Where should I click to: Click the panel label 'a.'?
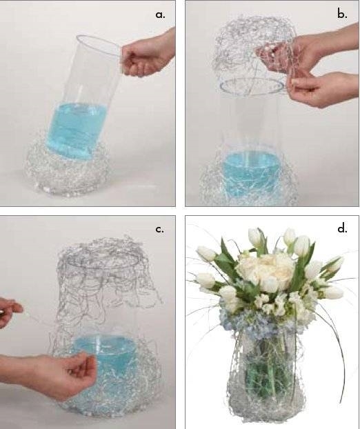tap(160, 14)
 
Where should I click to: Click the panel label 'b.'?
tap(342, 14)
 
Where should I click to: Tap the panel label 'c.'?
tap(160, 229)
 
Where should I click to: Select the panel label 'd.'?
tap(342, 228)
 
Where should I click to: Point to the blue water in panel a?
tap(76, 130)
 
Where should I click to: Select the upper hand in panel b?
tap(306, 52)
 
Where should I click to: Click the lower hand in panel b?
tap(323, 89)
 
